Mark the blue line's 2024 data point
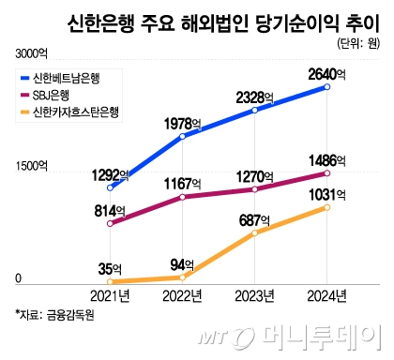[327, 87]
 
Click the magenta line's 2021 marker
[111, 223]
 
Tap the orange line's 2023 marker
[255, 232]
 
